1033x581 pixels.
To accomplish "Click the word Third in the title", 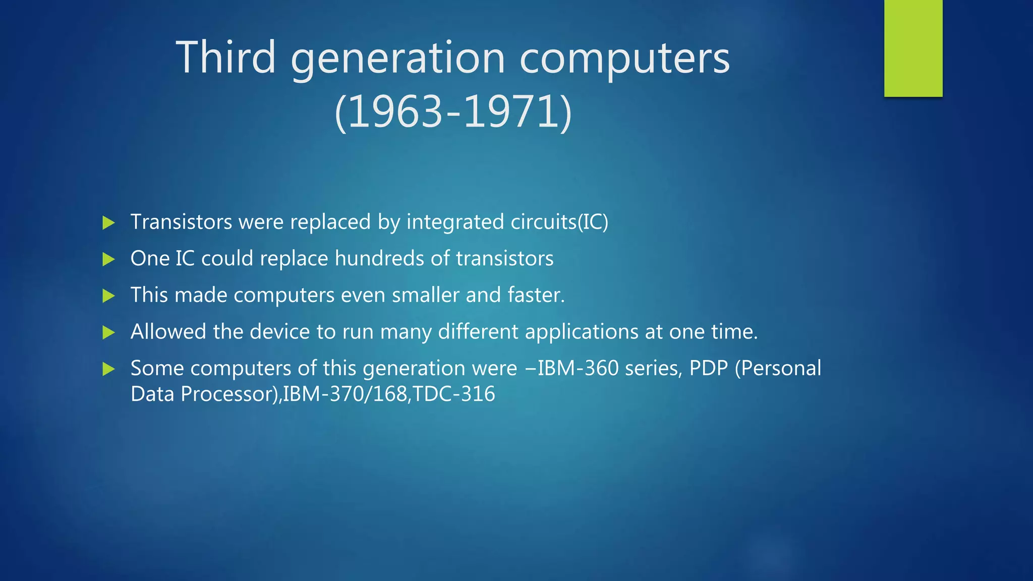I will click(x=225, y=57).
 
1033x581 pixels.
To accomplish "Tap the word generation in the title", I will click(x=397, y=60).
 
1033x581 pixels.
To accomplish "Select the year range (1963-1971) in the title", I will click(x=453, y=112).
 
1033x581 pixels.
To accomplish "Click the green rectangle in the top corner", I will click(x=913, y=48).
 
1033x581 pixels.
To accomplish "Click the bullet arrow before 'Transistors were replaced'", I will click(x=108, y=222).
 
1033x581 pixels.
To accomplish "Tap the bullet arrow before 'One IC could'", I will click(x=108, y=259).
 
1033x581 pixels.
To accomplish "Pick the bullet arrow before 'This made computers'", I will click(x=108, y=296).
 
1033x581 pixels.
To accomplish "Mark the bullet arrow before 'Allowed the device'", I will click(x=108, y=332).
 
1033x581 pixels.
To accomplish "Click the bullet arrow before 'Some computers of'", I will click(x=108, y=369).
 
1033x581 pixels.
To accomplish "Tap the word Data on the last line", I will click(x=152, y=394).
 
